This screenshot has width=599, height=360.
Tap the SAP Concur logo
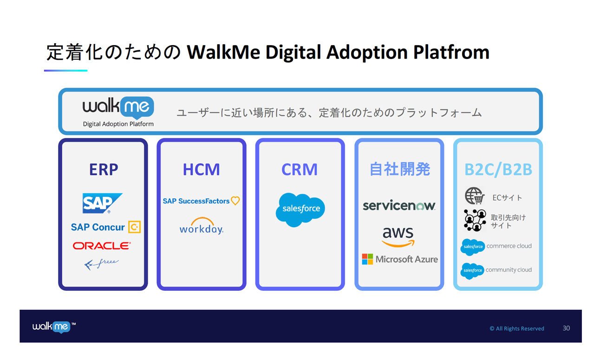[106, 227]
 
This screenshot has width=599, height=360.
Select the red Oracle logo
[102, 246]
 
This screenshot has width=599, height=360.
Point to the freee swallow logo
[101, 264]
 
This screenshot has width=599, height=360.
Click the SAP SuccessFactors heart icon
[235, 201]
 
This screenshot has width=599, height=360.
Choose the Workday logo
[202, 226]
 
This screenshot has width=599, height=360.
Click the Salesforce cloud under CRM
[300, 209]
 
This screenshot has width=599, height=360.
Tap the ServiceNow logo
[399, 205]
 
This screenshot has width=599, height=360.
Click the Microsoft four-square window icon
[367, 259]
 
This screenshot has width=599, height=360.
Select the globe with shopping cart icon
[475, 196]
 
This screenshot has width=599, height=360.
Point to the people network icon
[475, 220]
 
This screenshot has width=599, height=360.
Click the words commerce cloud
[509, 246]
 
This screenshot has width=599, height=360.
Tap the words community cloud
[508, 269]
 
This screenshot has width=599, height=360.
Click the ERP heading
[104, 169]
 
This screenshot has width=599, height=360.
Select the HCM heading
[202, 169]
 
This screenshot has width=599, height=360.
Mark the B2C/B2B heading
[498, 170]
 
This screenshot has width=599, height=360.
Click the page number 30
[566, 328]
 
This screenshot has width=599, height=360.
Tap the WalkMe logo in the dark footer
[54, 327]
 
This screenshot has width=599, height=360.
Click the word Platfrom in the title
[451, 52]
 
